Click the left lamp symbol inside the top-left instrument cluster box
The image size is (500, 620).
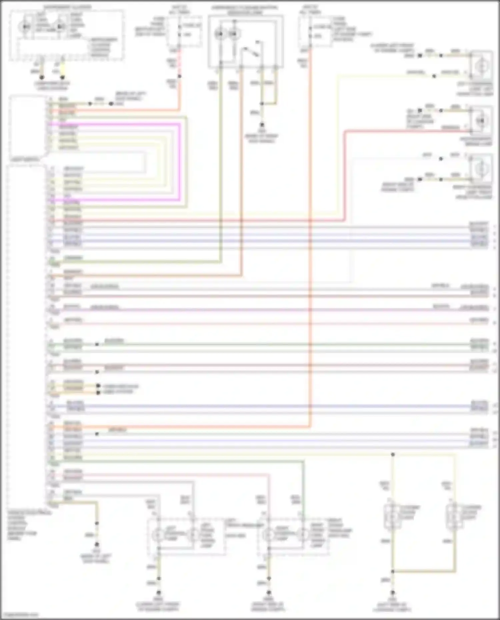click(x=25, y=26)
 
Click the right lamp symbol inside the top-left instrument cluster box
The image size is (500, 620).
click(x=60, y=26)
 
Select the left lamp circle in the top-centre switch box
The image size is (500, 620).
click(x=220, y=34)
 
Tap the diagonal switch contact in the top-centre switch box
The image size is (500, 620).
click(x=251, y=52)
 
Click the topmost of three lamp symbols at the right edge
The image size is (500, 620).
click(x=481, y=66)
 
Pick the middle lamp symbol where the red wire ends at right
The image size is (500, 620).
click(x=481, y=121)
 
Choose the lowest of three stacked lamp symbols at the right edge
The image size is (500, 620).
click(x=481, y=169)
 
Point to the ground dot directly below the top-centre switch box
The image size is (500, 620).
click(x=262, y=125)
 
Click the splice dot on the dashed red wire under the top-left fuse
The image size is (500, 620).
click(x=179, y=76)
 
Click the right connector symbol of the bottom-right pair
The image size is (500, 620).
click(x=454, y=517)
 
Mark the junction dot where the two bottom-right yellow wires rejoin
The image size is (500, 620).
click(x=393, y=572)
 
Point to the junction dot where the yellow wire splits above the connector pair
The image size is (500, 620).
click(x=393, y=454)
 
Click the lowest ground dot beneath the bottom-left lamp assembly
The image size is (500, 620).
click(x=159, y=593)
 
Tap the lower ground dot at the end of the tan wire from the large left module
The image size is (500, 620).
click(x=97, y=544)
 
